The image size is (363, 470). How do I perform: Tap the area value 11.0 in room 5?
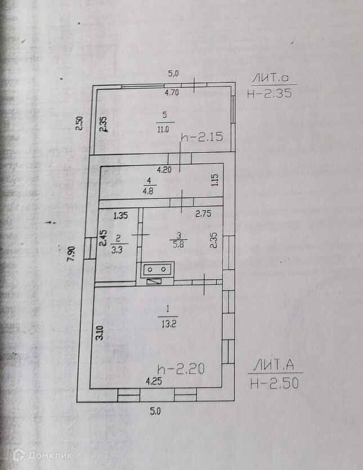[164, 129]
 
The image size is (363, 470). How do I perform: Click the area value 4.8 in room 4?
[149, 190]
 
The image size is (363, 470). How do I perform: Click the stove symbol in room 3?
[157, 270]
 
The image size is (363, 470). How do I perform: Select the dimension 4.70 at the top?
[171, 93]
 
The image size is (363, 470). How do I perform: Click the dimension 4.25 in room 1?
[154, 381]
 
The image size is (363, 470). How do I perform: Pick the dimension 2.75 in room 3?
[203, 213]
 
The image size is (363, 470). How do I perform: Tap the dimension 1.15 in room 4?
[214, 181]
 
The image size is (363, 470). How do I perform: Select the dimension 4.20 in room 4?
[164, 169]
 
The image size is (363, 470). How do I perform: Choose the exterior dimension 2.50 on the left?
[80, 122]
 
